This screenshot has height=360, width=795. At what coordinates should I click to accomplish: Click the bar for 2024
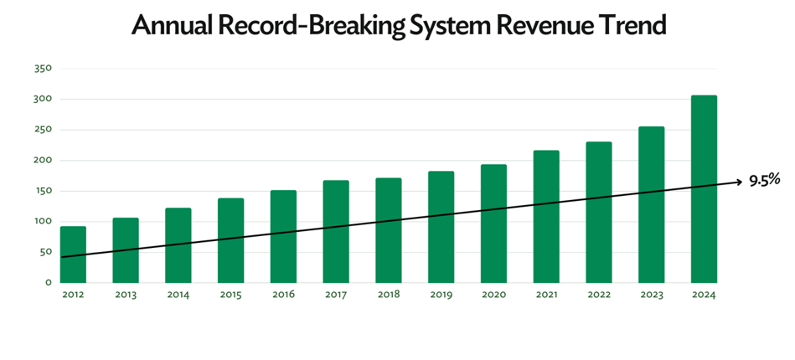click(704, 189)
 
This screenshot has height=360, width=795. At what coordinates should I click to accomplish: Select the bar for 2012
click(73, 255)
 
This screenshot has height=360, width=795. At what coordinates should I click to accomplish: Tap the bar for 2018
click(388, 230)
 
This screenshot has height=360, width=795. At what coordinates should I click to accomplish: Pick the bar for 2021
click(546, 217)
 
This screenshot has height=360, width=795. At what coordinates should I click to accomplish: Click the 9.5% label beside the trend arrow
click(764, 181)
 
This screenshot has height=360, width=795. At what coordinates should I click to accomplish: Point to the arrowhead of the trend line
click(738, 182)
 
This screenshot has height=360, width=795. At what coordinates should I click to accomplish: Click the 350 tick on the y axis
click(43, 69)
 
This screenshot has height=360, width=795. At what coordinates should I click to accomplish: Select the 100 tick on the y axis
click(43, 222)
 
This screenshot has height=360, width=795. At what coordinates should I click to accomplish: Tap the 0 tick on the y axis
click(49, 283)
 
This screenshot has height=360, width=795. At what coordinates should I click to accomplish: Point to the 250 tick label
click(43, 130)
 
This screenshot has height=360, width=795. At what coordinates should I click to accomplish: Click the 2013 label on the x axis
click(125, 295)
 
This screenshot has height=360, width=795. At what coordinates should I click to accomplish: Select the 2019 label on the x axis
click(441, 295)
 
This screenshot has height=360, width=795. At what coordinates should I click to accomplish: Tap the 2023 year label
click(651, 295)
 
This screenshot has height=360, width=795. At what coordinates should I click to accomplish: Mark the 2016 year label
click(283, 295)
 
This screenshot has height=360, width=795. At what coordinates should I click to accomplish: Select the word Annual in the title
click(173, 26)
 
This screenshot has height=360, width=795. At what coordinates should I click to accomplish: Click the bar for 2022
click(598, 213)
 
